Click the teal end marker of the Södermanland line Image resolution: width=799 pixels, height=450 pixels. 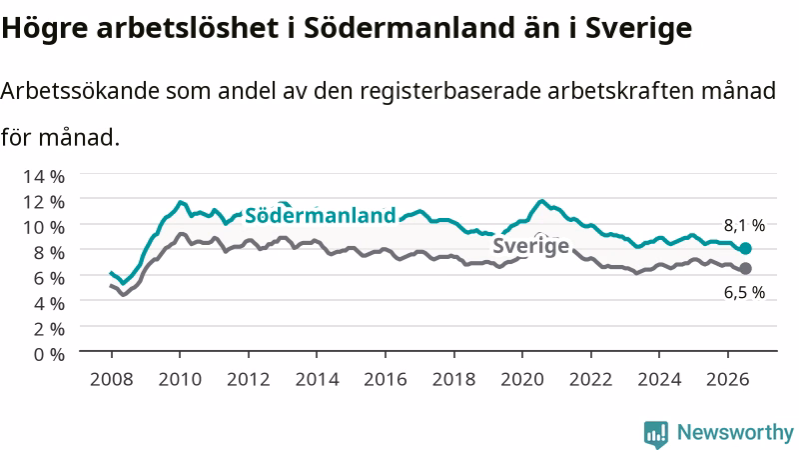[x=745, y=248]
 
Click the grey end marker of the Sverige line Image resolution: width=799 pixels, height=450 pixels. [x=745, y=268]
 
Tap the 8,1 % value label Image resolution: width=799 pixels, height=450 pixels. [x=744, y=225]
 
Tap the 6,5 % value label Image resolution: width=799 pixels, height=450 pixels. [x=744, y=292]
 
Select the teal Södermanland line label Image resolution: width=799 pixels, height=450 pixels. [x=320, y=215]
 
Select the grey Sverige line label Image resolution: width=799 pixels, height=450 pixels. [x=530, y=246]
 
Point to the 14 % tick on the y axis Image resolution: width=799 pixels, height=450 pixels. [x=44, y=177]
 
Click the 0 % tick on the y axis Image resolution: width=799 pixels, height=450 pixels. [x=49, y=354]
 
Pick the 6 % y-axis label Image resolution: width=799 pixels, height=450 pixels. [x=49, y=278]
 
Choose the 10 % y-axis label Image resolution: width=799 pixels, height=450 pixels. [x=44, y=227]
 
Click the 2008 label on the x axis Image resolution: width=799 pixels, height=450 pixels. [x=112, y=380]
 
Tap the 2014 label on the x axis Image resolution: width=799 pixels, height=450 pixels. [x=317, y=380]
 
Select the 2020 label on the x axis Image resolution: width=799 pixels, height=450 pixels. [x=522, y=380]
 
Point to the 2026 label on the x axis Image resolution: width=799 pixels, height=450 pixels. [x=728, y=380]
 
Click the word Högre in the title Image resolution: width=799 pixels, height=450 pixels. [x=45, y=29]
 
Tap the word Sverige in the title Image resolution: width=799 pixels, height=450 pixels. [x=638, y=29]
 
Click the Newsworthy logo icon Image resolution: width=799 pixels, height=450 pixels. [x=656, y=434]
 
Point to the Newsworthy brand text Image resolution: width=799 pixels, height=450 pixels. [x=735, y=433]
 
